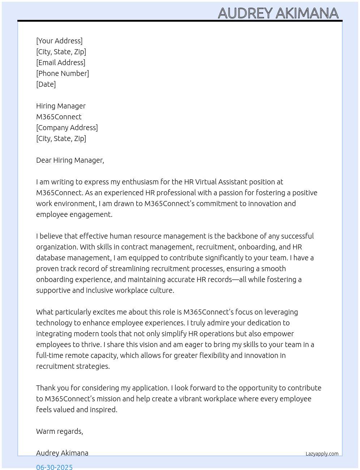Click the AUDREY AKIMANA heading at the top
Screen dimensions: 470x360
point(278,13)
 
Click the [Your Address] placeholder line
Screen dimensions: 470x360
point(59,41)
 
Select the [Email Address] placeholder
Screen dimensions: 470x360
point(61,63)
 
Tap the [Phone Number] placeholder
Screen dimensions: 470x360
point(63,73)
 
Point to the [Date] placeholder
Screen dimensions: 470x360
point(46,84)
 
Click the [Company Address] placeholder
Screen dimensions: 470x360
point(67,128)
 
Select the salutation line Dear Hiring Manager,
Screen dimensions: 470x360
point(70,160)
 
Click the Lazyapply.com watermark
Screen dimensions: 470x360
point(322,454)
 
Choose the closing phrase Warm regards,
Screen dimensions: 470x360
point(60,431)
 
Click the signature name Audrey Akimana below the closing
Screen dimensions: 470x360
point(62,453)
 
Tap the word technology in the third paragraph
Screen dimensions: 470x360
point(54,323)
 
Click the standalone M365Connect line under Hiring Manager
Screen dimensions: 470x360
point(59,117)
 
